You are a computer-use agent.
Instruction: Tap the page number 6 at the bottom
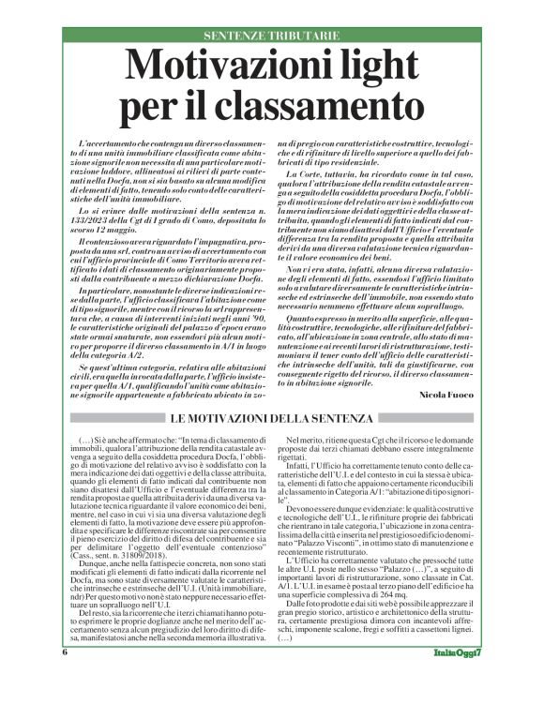[x=66, y=679]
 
